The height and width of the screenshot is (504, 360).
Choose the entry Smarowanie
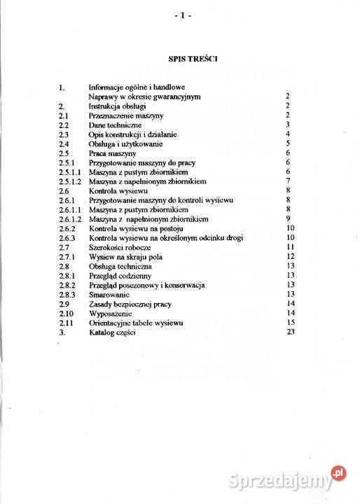110,295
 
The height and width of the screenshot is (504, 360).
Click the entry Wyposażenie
112,314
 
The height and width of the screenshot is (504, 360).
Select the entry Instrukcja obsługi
117,105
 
